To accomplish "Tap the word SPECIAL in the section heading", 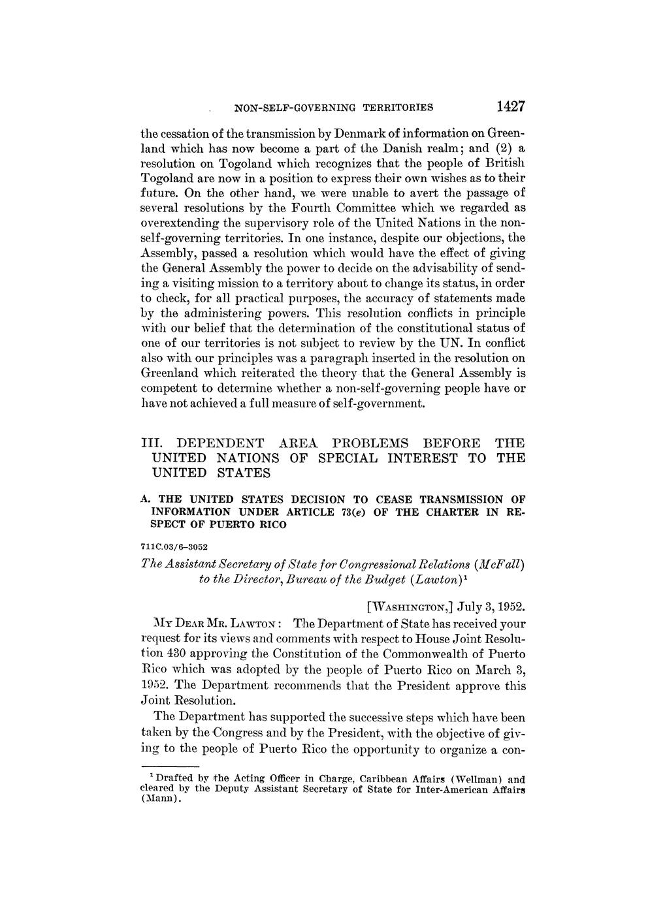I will (347, 458).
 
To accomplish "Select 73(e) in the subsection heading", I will (351, 512).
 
